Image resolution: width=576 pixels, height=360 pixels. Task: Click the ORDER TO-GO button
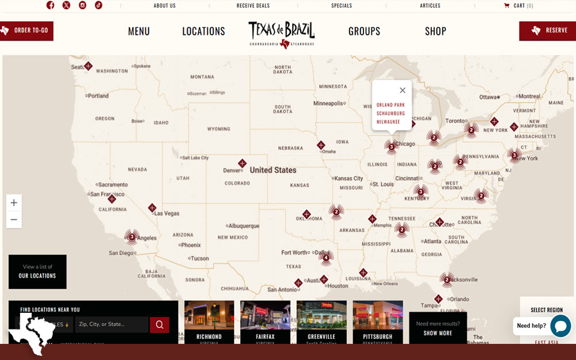pos(26,31)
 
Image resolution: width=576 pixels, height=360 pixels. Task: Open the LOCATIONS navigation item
pos(203,32)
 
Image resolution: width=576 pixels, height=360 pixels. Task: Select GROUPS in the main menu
pos(364,32)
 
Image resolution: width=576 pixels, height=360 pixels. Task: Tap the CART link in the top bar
pos(518,6)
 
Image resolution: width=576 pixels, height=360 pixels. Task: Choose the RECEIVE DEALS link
pos(253,6)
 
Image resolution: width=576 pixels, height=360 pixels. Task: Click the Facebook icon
pos(51,5)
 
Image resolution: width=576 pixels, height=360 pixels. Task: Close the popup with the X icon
pos(403,90)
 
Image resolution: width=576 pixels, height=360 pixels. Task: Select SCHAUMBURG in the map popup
pos(391,113)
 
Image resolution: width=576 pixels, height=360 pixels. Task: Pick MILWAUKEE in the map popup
pos(388,122)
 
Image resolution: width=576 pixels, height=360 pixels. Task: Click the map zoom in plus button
pos(14,203)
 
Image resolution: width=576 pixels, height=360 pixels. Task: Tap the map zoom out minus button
pos(14,219)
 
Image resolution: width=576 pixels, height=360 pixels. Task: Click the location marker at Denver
pos(242,164)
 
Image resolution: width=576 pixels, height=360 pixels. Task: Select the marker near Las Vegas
pos(152,208)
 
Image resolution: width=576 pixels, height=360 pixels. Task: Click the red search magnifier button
pos(160,325)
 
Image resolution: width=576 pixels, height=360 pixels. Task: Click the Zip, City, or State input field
pos(111,325)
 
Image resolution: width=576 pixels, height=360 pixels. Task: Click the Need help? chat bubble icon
pos(560,326)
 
